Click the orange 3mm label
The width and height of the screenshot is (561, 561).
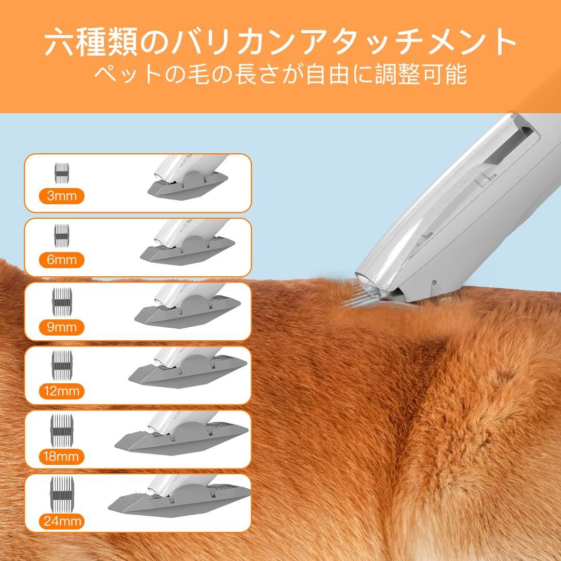61,196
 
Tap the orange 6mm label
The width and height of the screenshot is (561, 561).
61,260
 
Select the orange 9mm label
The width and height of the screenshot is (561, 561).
61,327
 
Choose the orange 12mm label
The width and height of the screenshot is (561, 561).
61,391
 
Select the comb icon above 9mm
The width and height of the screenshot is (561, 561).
61,301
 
